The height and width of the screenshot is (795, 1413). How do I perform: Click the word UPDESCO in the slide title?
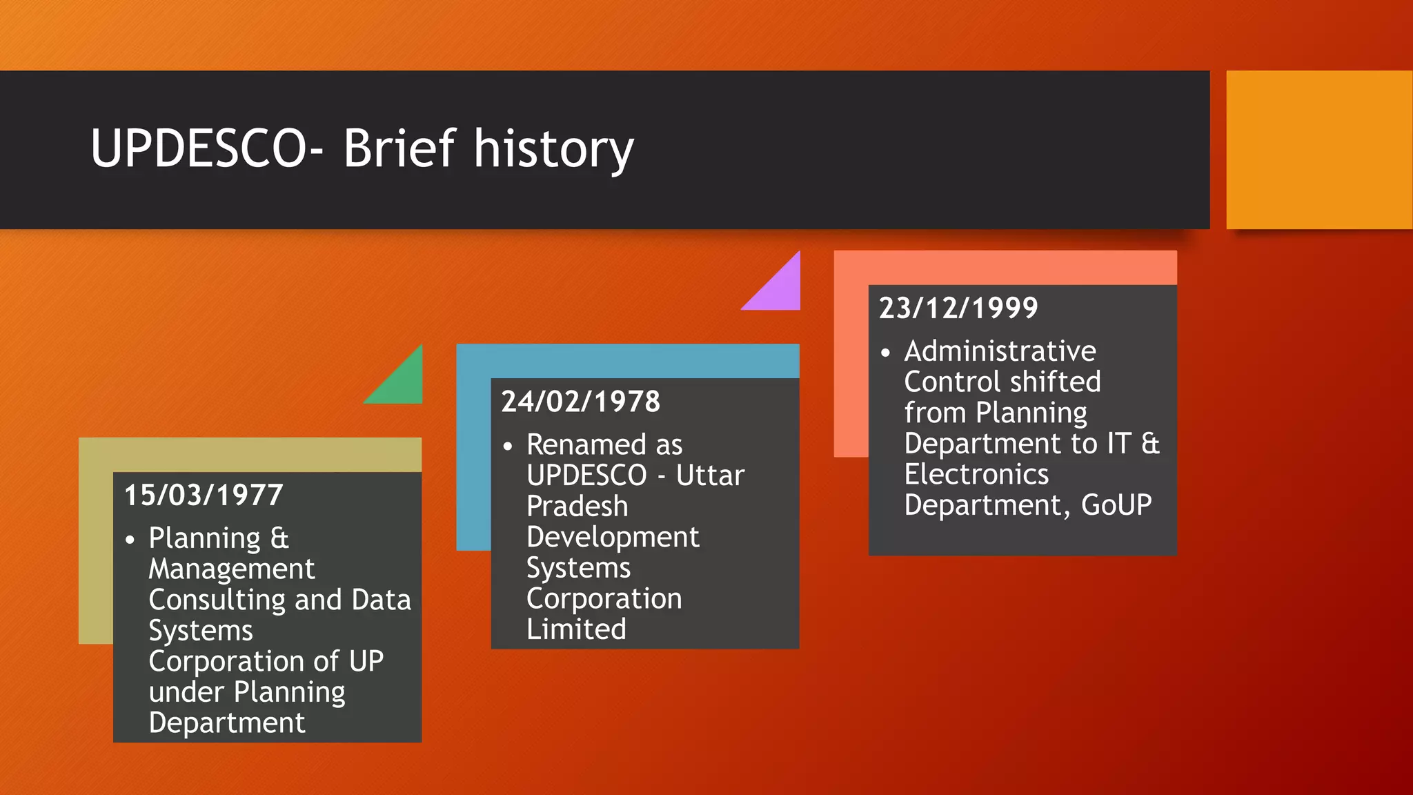(x=199, y=148)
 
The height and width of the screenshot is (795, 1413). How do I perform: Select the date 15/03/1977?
(x=204, y=495)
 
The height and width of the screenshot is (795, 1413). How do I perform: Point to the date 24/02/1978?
(x=580, y=402)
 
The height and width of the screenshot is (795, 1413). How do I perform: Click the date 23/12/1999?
(x=958, y=308)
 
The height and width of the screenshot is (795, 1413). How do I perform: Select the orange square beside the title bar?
(x=1318, y=150)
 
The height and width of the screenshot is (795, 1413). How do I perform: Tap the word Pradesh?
(x=577, y=507)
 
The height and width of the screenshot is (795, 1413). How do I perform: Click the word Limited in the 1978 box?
(x=576, y=629)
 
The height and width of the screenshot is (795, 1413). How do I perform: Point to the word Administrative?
(x=1000, y=351)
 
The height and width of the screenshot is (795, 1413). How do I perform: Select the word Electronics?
(x=976, y=475)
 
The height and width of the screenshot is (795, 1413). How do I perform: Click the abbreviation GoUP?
(x=1116, y=505)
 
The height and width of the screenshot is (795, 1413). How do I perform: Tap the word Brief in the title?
(x=399, y=148)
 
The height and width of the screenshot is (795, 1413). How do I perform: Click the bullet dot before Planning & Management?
(x=130, y=540)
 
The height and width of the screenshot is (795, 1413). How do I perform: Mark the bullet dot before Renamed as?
(x=508, y=446)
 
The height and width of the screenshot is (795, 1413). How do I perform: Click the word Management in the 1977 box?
(x=231, y=569)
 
